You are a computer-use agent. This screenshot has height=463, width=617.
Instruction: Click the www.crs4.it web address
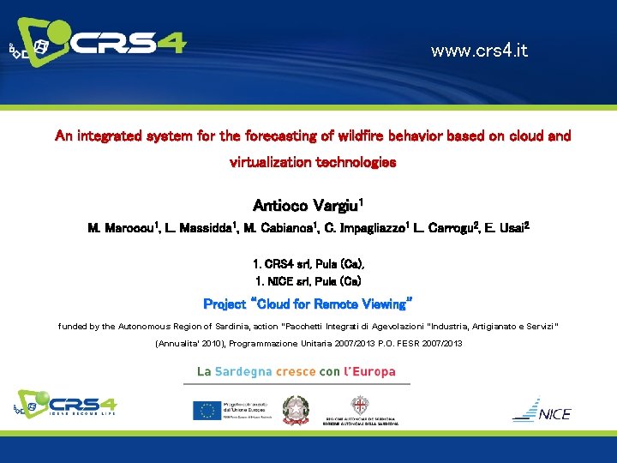479,51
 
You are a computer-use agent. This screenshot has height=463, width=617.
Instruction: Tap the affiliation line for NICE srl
308,280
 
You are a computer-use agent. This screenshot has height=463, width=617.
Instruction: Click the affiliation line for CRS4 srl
308,264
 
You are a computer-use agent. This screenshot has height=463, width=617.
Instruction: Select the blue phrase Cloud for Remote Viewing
332,304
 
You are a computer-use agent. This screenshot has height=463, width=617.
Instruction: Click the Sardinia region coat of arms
359,406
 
